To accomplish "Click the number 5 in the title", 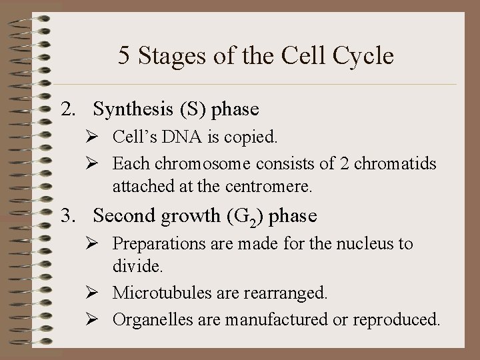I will [x=125, y=55].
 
